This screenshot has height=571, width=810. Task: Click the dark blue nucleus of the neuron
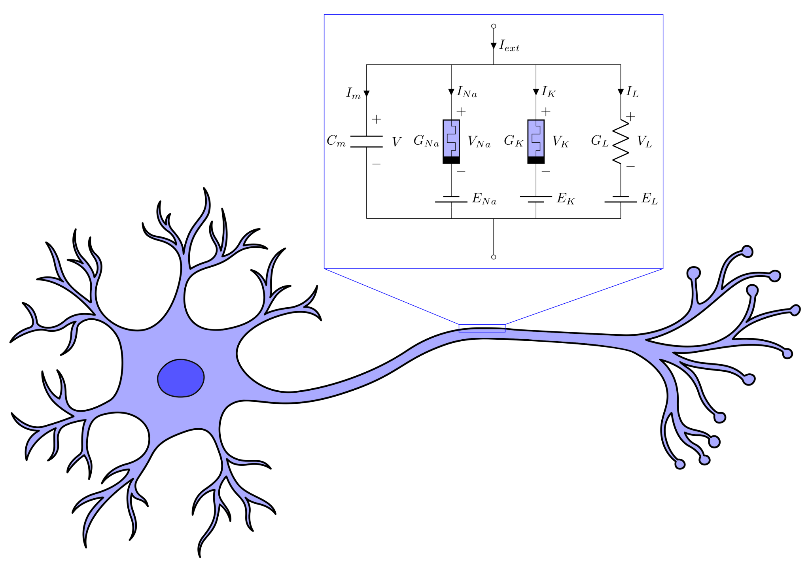(x=181, y=378)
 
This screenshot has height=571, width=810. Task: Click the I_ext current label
(x=509, y=46)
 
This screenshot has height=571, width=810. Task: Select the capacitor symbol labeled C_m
(x=366, y=142)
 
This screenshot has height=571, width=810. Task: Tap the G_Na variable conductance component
(x=451, y=141)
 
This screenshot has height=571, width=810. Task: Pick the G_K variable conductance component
(x=536, y=141)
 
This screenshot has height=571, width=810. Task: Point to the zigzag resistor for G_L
(x=621, y=142)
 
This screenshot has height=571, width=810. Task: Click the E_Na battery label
(x=484, y=199)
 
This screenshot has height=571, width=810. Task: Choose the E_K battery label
(x=566, y=199)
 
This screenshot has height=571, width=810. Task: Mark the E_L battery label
(x=649, y=199)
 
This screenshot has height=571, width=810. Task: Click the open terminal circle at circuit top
(x=494, y=26)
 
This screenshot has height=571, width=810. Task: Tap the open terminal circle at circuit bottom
(x=494, y=257)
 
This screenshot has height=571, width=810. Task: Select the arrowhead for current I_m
(x=367, y=94)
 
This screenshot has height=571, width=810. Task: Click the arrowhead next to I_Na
(x=451, y=92)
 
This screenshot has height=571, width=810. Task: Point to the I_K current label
(x=549, y=92)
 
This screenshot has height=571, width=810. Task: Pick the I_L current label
(x=632, y=92)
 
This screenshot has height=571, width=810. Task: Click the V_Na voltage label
(x=479, y=142)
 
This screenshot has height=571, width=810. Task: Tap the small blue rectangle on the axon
(x=482, y=328)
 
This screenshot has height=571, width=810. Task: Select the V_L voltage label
(x=644, y=142)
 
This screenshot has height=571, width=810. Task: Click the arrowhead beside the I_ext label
(x=494, y=46)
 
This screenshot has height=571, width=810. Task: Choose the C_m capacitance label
(x=336, y=141)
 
